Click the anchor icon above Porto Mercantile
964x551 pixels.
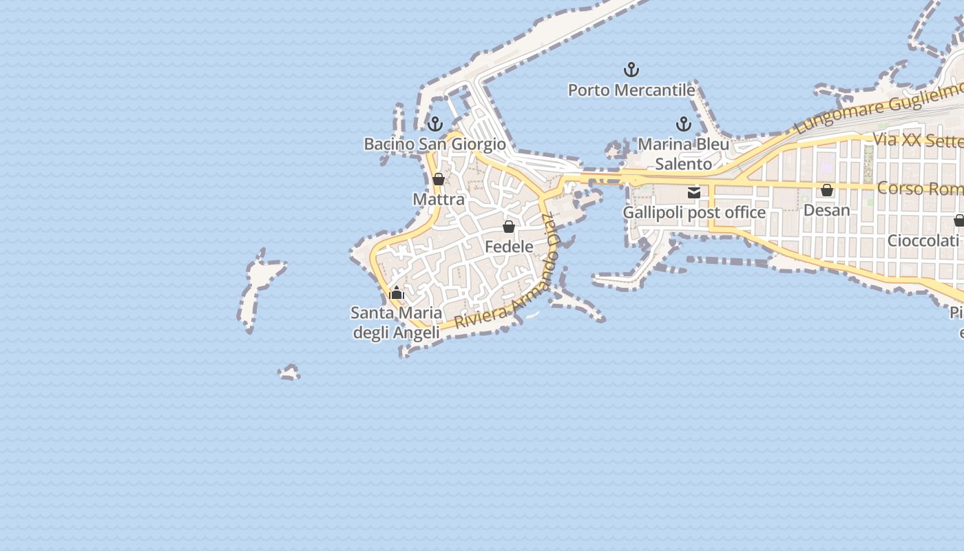pos(631,70)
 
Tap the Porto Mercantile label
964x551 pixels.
pos(631,90)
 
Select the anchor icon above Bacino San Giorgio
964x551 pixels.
pos(434,124)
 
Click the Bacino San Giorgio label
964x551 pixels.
pos(434,144)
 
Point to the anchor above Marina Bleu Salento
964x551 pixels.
pos(683,124)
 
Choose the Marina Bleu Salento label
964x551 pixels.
pos(683,154)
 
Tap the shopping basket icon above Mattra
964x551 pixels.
pos(439,180)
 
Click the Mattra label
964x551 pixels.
pos(439,200)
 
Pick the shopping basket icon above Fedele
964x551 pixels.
pos(509,226)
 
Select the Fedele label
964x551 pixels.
pos(509,246)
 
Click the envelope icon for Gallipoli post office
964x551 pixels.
pos(694,193)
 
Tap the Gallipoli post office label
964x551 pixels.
pos(694,212)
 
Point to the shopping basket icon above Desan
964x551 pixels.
pos(827,190)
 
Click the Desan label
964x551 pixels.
pos(827,210)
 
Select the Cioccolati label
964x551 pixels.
pos(923,240)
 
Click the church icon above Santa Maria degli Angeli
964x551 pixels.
pos(396,293)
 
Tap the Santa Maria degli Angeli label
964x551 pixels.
pos(396,322)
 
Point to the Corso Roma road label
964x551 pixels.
pos(920,188)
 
